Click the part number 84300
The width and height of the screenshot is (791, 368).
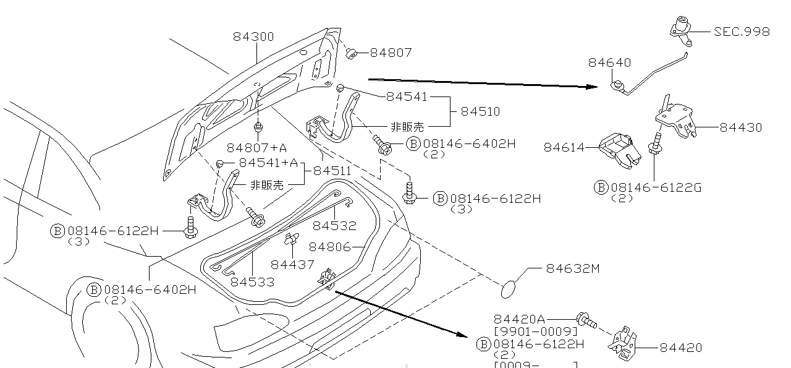coord(253,36)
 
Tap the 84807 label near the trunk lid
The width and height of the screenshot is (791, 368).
coord(391,53)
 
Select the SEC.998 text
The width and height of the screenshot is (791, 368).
coord(742,32)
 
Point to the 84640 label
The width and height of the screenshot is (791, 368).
coord(609,62)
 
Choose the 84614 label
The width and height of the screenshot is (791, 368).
coord(564,147)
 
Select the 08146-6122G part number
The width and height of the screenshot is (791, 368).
coord(656,187)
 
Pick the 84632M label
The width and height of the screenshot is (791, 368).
coord(573,268)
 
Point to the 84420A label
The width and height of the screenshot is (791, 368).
coord(519,319)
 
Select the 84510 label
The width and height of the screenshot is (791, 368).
coord(480,111)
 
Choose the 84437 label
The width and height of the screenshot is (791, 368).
coord(292,265)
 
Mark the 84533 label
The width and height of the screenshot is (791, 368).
coord(252,282)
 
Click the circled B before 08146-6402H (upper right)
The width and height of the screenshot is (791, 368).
coord(413,144)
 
